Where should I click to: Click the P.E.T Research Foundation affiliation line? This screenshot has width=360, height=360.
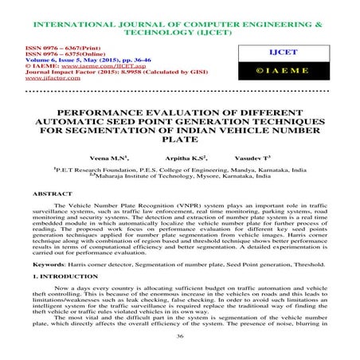pyautogui.click(x=181, y=170)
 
